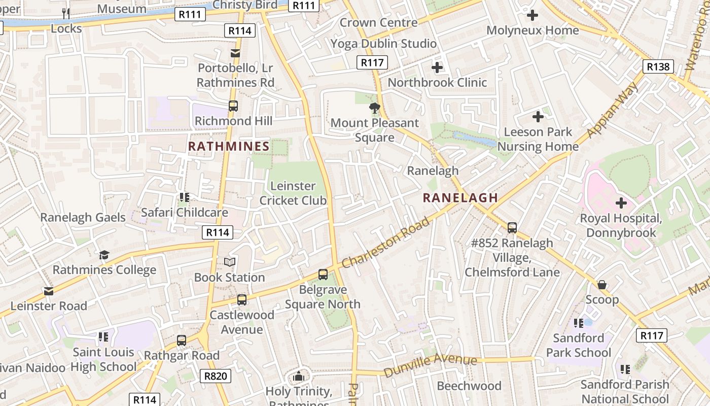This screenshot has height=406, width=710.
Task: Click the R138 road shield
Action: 658,66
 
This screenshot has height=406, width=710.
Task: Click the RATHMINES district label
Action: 229,147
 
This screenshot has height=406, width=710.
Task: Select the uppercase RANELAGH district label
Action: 460,198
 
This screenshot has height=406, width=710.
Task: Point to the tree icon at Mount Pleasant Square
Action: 375,108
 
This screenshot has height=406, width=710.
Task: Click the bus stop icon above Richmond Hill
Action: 233,106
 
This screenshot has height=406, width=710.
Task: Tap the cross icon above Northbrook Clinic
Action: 437,67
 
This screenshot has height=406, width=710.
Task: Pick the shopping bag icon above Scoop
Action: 602,285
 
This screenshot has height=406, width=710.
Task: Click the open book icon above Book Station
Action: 230,262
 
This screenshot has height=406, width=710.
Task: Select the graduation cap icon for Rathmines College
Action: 104,255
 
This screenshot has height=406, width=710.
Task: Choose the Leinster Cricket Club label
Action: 293,193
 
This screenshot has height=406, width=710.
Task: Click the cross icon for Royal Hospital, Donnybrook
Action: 621,204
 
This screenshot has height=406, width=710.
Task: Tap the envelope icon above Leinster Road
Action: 49,291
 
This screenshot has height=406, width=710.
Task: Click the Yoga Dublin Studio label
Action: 383,44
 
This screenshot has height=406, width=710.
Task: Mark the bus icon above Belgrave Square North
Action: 323,275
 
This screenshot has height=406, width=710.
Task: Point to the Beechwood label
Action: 469,386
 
